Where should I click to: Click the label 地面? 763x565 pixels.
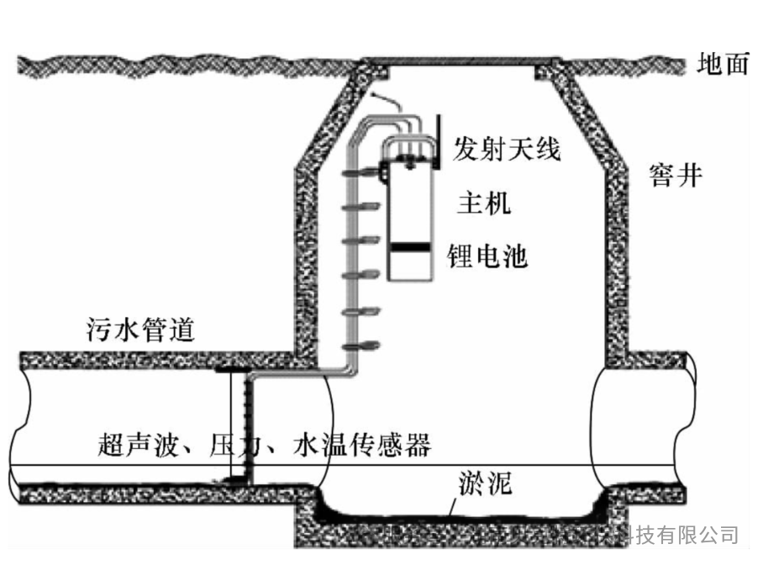click(723, 65)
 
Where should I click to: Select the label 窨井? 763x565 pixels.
click(675, 177)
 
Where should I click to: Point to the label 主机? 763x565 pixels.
click(483, 203)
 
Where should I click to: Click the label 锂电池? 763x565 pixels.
click(488, 256)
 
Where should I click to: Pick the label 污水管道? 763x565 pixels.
click(140, 329)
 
